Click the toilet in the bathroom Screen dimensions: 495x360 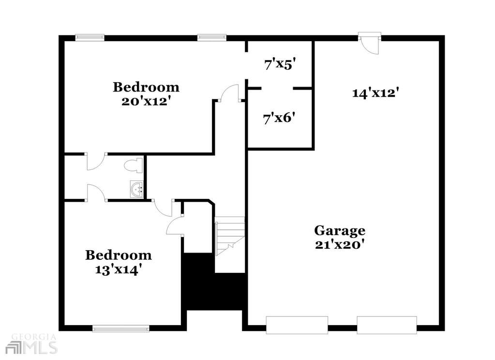pyautogui.click(x=134, y=166)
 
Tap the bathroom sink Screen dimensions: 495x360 pyautogui.click(x=136, y=190)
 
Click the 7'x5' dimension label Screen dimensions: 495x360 pyautogui.click(x=280, y=65)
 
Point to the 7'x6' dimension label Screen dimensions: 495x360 pyautogui.click(x=279, y=119)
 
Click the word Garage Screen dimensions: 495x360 pyautogui.click(x=340, y=230)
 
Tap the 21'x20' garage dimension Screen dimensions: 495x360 pyautogui.click(x=342, y=244)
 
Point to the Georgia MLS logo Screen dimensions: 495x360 pyautogui.click(x=33, y=343)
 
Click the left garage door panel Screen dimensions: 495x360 pyautogui.click(x=297, y=325)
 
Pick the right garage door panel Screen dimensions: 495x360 pyautogui.click(x=387, y=325)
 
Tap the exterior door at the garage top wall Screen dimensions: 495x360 pyautogui.click(x=370, y=43)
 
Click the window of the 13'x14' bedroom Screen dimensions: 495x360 pyautogui.click(x=121, y=329)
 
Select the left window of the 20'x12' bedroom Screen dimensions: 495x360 pyautogui.click(x=90, y=38)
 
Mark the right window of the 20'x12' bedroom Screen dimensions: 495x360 pyautogui.click(x=212, y=38)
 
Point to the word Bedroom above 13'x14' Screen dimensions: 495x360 pyautogui.click(x=119, y=255)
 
